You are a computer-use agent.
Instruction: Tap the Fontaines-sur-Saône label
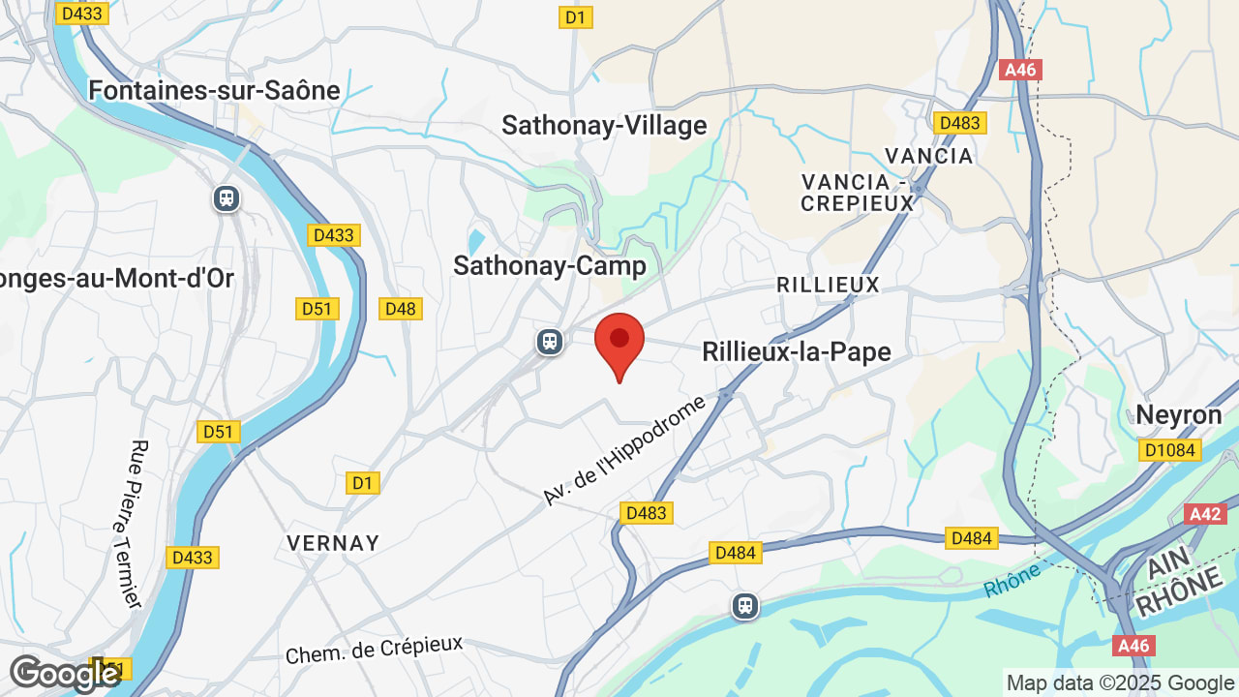pyautogui.click(x=214, y=90)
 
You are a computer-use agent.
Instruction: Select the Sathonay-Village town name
pyautogui.click(x=604, y=125)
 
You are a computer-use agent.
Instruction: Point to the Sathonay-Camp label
pyautogui.click(x=549, y=266)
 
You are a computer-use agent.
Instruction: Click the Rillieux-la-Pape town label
pyautogui.click(x=796, y=351)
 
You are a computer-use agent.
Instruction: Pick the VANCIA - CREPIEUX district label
pyautogui.click(x=858, y=192)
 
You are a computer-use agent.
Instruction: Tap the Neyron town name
pyautogui.click(x=1178, y=415)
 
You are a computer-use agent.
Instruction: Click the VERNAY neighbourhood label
pyautogui.click(x=333, y=543)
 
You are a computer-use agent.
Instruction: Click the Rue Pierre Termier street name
pyautogui.click(x=136, y=524)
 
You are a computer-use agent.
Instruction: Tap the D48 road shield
pyautogui.click(x=400, y=309)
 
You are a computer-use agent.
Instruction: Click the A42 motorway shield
pyautogui.click(x=1205, y=513)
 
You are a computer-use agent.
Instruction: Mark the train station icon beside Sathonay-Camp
pyautogui.click(x=550, y=341)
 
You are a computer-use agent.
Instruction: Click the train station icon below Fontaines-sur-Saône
pyautogui.click(x=227, y=198)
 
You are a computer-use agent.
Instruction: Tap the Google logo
pyautogui.click(x=64, y=674)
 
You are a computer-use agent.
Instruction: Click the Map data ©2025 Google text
pyautogui.click(x=1120, y=682)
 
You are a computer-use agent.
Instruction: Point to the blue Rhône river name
pyautogui.click(x=1012, y=579)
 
